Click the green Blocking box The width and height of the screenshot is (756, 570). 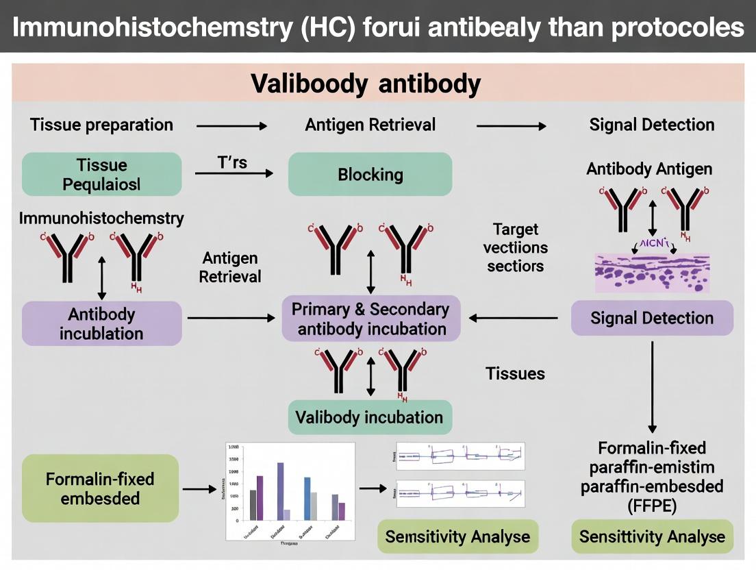click(x=370, y=174)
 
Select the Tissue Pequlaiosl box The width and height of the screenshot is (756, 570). click(x=101, y=174)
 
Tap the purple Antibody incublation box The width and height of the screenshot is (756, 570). click(x=101, y=323)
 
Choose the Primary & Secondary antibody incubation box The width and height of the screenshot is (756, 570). click(x=370, y=319)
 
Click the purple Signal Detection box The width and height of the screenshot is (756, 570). click(x=651, y=318)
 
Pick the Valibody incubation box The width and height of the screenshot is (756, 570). click(x=369, y=417)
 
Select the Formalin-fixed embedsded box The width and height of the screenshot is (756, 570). click(x=100, y=488)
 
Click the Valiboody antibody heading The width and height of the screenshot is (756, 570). click(x=366, y=84)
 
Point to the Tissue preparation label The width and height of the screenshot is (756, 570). click(x=101, y=125)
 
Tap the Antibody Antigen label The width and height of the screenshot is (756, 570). click(x=649, y=169)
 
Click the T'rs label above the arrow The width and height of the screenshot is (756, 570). click(x=232, y=162)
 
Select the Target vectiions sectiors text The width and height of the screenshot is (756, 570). click(x=515, y=247)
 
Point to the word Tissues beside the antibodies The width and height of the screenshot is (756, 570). click(x=515, y=373)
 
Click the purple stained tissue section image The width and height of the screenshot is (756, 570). click(x=651, y=273)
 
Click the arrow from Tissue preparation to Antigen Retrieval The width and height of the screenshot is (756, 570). click(x=231, y=126)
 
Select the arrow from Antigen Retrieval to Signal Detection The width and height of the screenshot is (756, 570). click(x=511, y=126)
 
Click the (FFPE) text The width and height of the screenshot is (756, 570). click(x=651, y=506)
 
